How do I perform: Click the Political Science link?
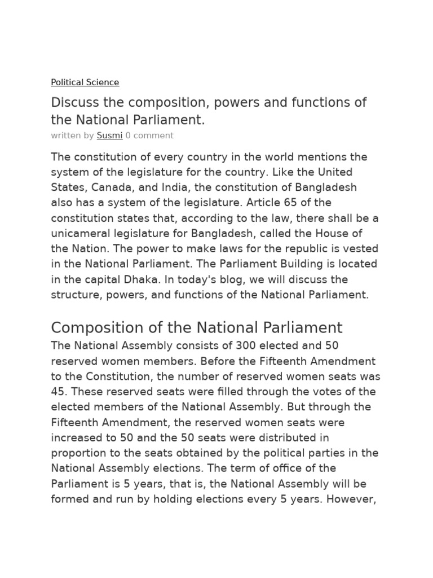tap(85, 82)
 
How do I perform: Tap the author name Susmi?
tap(109, 135)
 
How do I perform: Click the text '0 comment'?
tap(149, 135)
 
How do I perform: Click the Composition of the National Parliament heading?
tap(196, 328)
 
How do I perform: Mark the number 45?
tap(58, 392)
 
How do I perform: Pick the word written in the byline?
tap(65, 135)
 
